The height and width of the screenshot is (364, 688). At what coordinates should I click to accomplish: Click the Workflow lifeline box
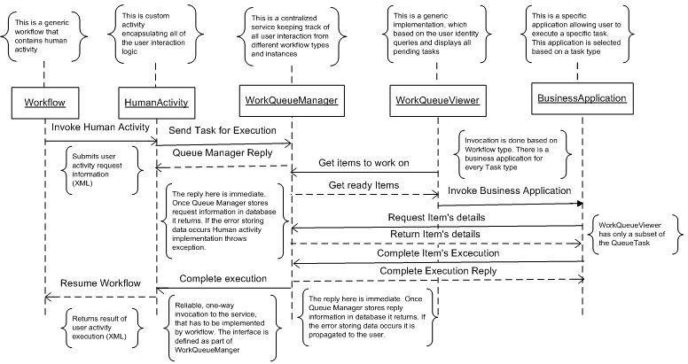[46, 100]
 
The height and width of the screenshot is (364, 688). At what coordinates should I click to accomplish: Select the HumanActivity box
[157, 100]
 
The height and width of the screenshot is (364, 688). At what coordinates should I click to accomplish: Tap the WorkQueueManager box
[292, 100]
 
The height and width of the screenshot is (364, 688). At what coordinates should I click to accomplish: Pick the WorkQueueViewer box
[437, 101]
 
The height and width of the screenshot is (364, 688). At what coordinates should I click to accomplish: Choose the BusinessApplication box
[582, 98]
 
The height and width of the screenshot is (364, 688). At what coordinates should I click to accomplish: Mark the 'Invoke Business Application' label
[510, 191]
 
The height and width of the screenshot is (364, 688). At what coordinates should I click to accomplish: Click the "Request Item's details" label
[437, 217]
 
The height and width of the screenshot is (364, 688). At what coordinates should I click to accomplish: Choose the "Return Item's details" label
[437, 234]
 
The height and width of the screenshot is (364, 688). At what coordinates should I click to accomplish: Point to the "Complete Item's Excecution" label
[437, 253]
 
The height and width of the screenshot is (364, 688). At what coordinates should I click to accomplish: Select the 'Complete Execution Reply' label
[437, 270]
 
